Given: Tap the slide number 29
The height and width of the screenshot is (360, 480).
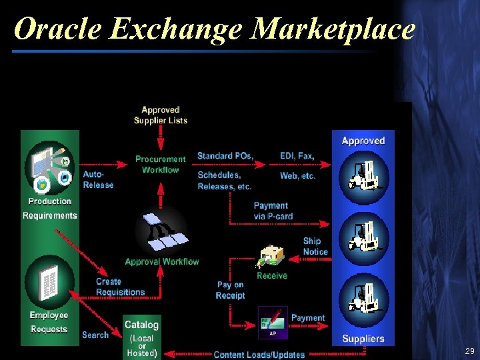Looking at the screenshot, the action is coord(469,351).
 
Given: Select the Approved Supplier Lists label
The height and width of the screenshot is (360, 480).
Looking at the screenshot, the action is coord(161,115).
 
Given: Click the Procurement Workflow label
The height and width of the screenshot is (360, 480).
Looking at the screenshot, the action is coord(161,164).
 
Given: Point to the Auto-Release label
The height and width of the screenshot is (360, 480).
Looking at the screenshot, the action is coord(98,179).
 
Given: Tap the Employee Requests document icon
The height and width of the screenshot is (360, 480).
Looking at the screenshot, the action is coord(49,283).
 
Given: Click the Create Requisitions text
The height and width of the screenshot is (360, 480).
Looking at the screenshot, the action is coord(120,287).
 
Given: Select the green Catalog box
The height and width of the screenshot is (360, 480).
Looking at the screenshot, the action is coord(141,337).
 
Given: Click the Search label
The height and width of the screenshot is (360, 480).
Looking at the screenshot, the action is coord(95,335).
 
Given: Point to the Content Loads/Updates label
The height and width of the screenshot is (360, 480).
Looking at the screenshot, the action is coord(259,355).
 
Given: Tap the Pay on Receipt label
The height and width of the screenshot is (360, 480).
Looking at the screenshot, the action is coord(230,290).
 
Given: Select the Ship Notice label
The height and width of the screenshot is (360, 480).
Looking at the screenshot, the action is coord(315,246).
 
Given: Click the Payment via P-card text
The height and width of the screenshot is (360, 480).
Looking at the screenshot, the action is coord(273,211).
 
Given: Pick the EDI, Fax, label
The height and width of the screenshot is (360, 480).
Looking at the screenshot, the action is coord(297,156).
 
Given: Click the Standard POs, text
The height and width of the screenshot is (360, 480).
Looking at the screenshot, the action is coord(225,156).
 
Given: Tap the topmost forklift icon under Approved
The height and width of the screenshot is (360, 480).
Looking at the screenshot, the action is coord(364,177).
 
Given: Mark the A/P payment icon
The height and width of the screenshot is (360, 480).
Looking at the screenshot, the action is coord(273,321).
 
